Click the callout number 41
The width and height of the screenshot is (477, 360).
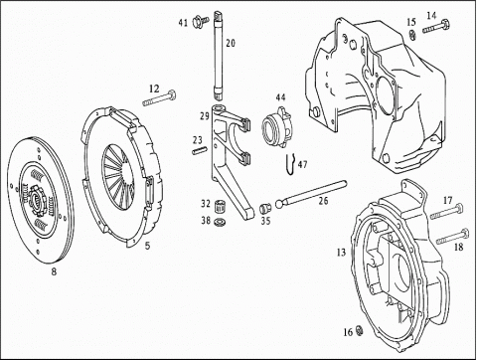[183, 23]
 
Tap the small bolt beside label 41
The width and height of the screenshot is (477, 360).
[201, 22]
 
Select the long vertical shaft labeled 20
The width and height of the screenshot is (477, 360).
[218, 55]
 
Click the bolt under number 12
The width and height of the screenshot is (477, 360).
[159, 98]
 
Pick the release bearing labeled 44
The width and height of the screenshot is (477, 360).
[276, 126]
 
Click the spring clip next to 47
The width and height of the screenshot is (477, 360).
[290, 164]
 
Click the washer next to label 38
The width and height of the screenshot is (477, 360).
[220, 221]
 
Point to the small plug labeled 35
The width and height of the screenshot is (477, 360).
[266, 208]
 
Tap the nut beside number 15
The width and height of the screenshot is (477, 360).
[412, 35]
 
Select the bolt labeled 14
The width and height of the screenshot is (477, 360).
[436, 27]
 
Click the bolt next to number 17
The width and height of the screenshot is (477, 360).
[446, 212]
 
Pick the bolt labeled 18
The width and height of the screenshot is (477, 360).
[453, 237]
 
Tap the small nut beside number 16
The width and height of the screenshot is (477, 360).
[359, 330]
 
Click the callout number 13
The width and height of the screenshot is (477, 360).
[341, 253]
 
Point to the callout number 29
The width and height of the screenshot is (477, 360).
[205, 116]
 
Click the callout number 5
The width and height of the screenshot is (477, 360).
[147, 246]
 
